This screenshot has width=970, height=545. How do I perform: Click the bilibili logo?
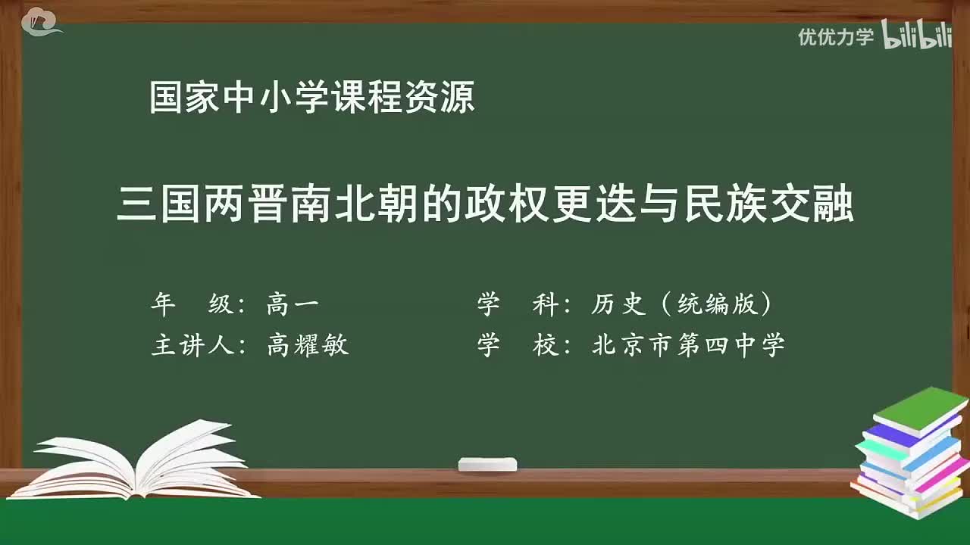pos(917,37)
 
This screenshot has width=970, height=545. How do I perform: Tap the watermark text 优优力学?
pos(835,37)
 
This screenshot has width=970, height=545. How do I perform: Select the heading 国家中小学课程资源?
pos(311,98)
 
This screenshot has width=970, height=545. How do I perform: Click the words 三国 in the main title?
pos(159,205)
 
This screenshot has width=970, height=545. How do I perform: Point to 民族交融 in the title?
pos(768,205)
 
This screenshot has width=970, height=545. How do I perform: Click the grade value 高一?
pos(293,304)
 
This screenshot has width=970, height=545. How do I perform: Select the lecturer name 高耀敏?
pos(308,345)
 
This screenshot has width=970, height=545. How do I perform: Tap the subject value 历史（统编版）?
pos(682,304)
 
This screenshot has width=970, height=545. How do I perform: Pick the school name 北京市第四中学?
pos(688,345)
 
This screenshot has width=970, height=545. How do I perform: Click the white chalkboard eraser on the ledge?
pos(487,464)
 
